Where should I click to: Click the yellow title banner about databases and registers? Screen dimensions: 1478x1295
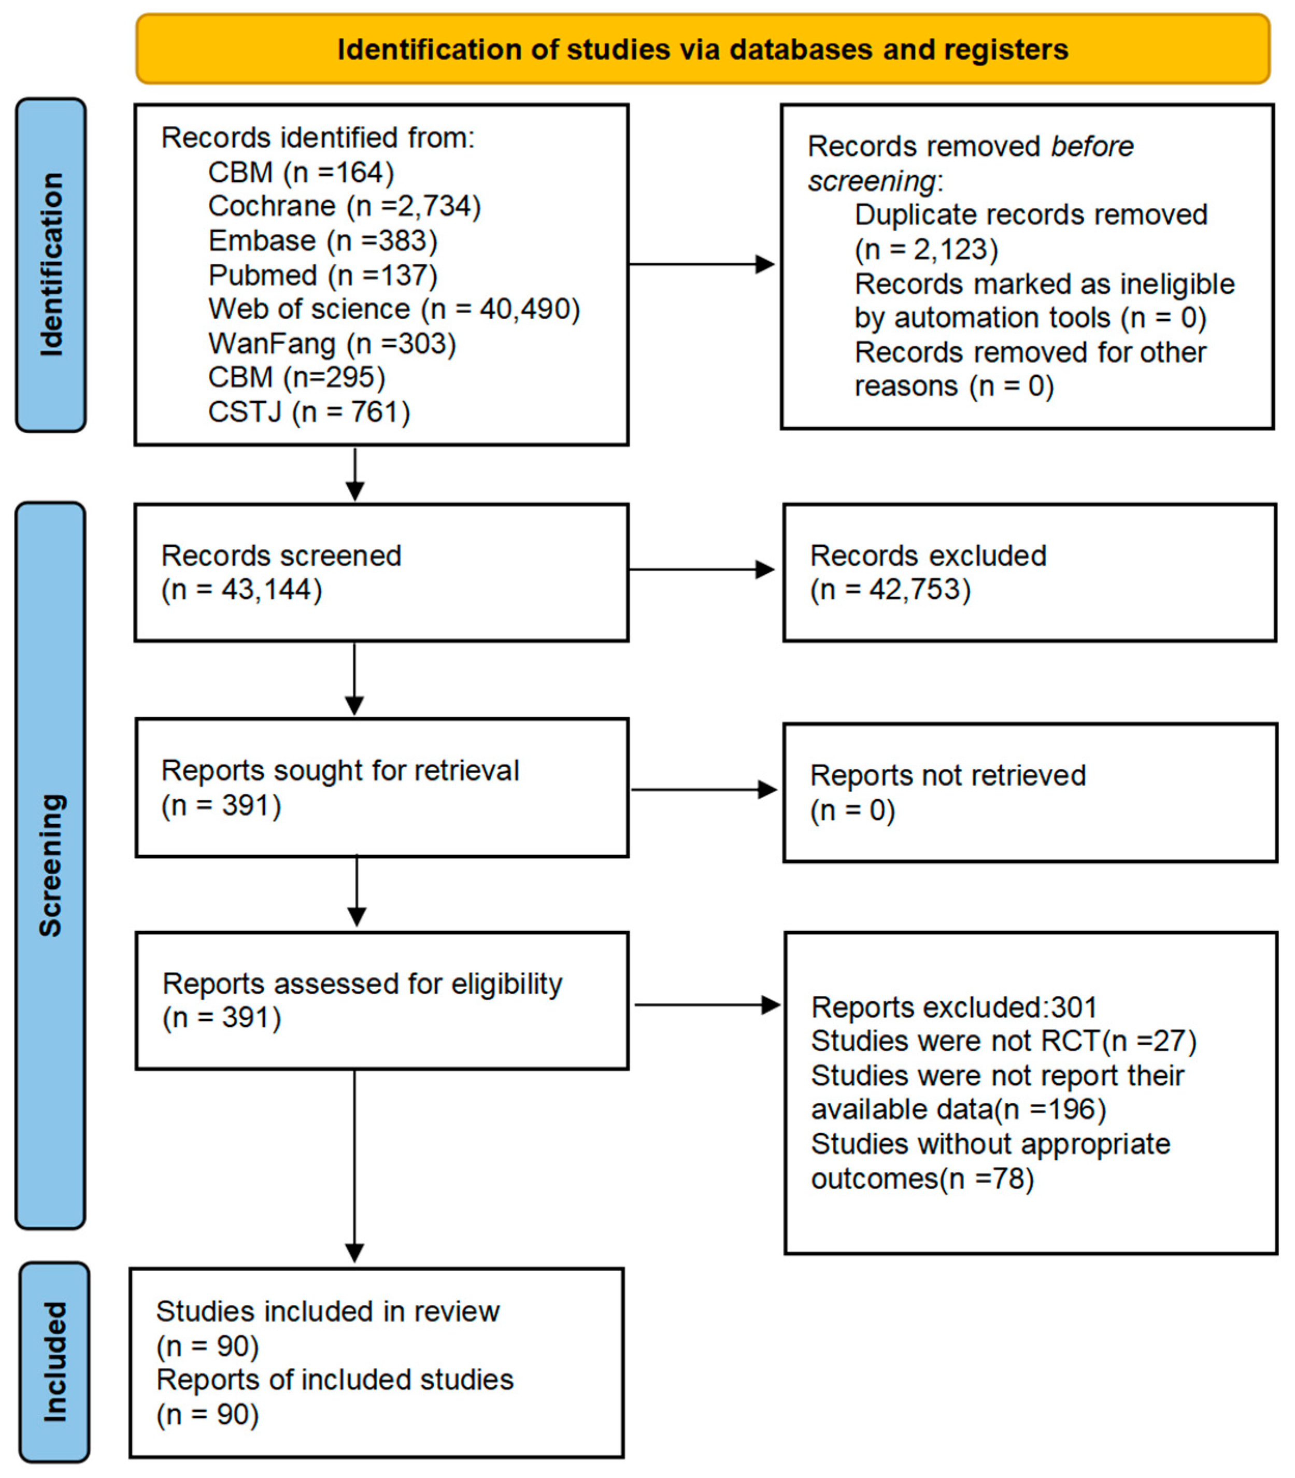702,49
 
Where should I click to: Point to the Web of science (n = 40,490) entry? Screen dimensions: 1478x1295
394,309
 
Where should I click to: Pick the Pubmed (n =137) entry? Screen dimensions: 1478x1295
322,275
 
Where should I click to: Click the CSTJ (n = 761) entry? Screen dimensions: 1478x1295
308,412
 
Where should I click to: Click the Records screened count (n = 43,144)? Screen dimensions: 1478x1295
241,589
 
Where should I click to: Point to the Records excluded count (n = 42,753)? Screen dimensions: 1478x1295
890,589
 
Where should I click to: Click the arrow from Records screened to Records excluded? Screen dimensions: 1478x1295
701,570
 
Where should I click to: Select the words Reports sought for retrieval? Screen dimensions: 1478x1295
339,771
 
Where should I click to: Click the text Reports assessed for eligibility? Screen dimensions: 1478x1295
362,984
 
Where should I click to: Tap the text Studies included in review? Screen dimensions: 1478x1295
328,1311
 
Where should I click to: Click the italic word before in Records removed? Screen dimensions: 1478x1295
1091,146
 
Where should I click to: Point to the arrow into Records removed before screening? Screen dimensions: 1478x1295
701,264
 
